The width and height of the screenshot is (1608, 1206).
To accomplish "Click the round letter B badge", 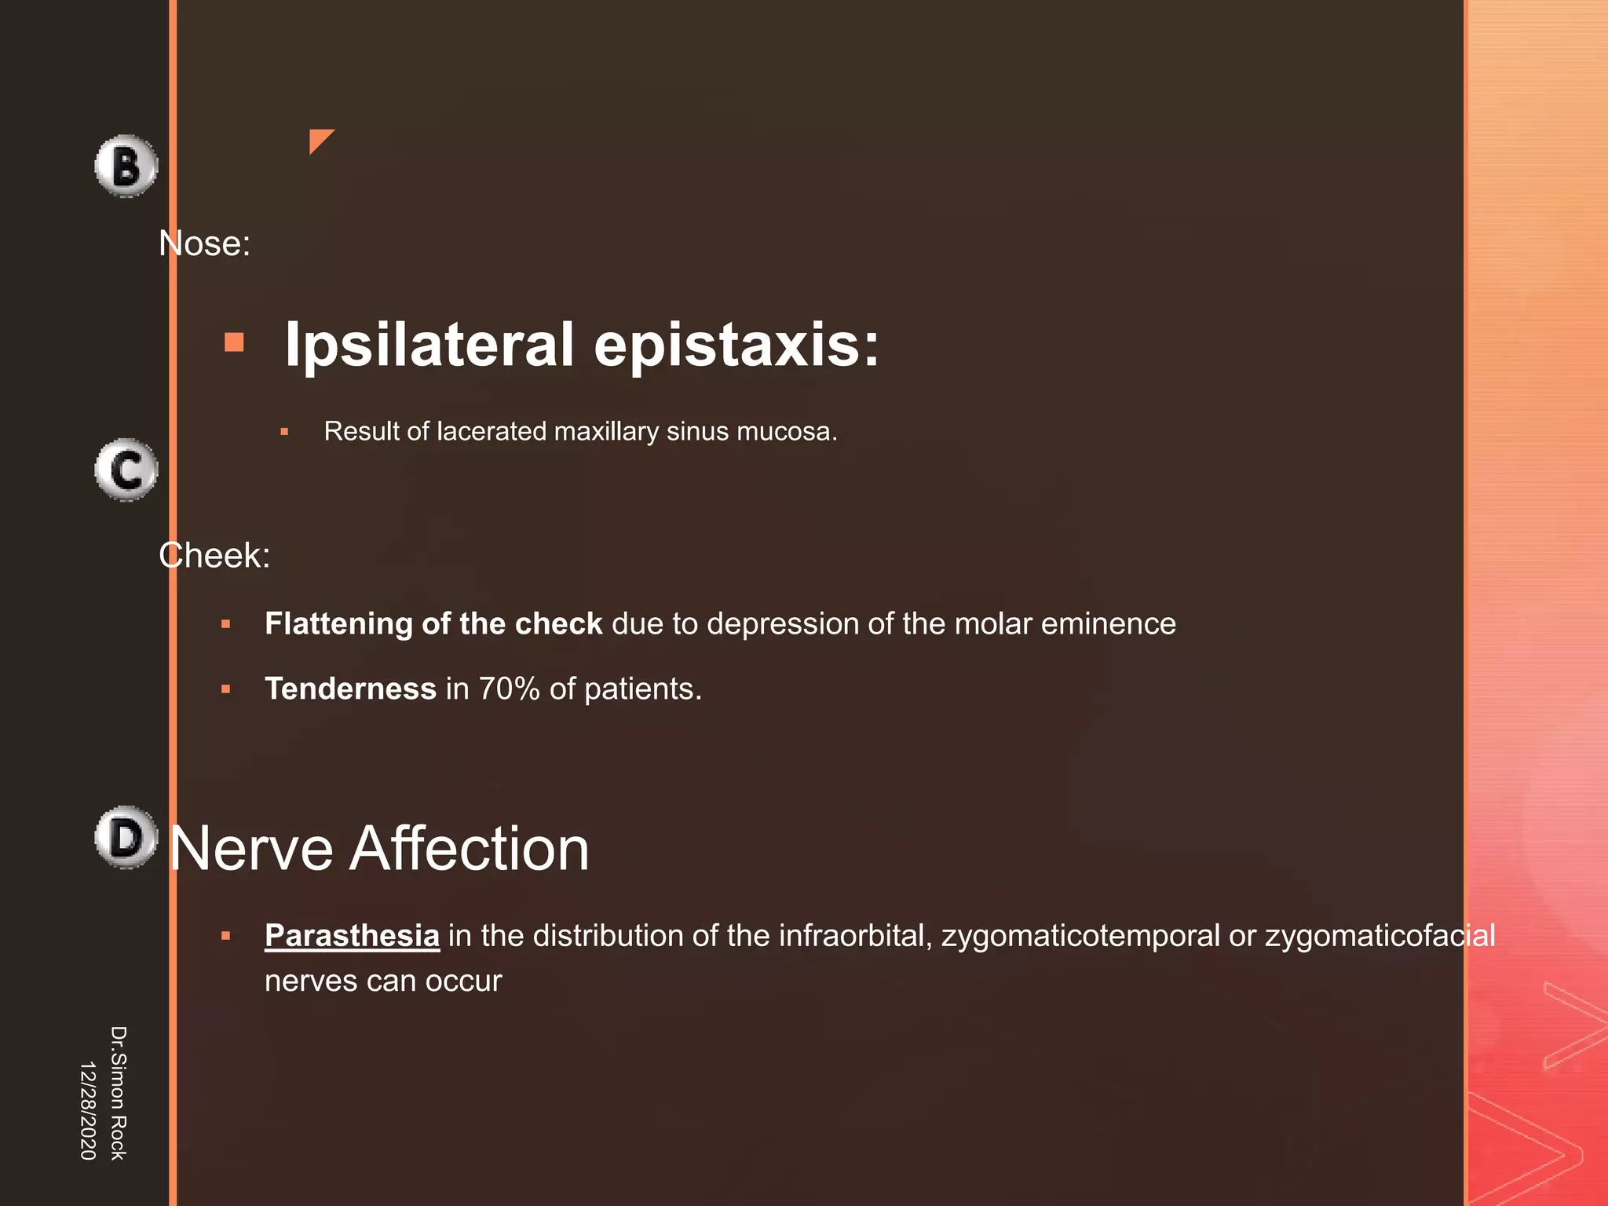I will (x=126, y=166).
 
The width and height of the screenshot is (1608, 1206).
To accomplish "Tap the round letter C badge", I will (x=126, y=470).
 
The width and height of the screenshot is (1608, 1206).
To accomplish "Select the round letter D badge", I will (x=126, y=837).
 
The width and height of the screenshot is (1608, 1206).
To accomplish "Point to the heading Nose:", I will (x=204, y=243).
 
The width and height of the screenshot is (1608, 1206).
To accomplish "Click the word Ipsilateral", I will (x=429, y=344).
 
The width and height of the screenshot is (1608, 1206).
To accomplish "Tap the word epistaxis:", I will (x=736, y=344).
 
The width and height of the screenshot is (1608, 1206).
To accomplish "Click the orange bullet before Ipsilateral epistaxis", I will (x=234, y=342).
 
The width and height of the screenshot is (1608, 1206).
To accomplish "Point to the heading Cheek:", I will (x=214, y=556).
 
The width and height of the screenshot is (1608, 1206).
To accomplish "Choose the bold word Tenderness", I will (x=350, y=689).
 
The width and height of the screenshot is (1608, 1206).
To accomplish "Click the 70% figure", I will (x=509, y=689).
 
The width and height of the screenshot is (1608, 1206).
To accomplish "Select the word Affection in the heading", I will (x=469, y=849).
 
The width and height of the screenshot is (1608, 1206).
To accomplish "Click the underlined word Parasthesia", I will (x=352, y=936).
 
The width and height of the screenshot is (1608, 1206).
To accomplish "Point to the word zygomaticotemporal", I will (x=1080, y=936).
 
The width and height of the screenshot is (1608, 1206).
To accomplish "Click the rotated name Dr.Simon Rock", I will (x=118, y=1093).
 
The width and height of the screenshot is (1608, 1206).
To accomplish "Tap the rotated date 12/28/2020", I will (x=88, y=1110).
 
